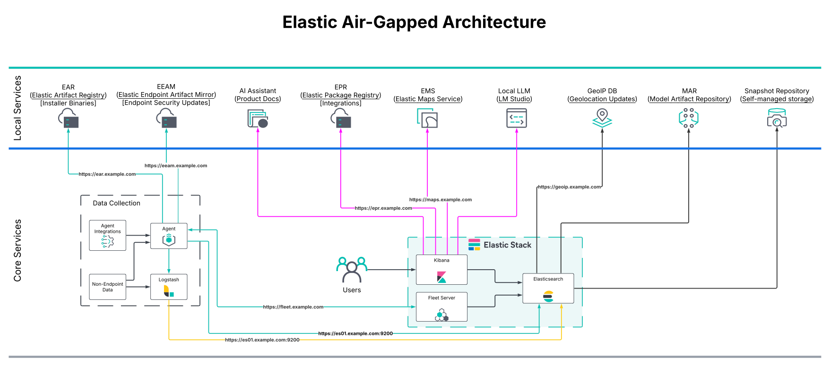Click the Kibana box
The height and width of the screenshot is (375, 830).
[x=441, y=270]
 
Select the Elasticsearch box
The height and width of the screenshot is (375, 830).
[x=548, y=288]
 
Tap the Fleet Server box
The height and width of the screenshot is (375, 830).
[x=441, y=307]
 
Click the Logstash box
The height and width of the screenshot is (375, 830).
[x=169, y=287]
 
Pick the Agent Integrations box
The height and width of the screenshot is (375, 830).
[x=108, y=235]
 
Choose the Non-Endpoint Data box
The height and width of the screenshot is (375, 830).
[x=108, y=287]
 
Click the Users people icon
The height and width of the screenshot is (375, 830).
[x=352, y=270]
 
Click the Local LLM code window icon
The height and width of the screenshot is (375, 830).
[x=516, y=118]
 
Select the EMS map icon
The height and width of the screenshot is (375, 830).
[x=427, y=118]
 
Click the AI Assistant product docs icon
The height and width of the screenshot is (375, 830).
[x=258, y=119]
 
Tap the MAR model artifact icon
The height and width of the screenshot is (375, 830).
[x=689, y=118]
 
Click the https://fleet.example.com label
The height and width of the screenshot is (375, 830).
[x=293, y=307]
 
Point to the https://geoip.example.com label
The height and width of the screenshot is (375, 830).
[x=569, y=187]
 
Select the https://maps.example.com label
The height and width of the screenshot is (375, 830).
[x=440, y=200]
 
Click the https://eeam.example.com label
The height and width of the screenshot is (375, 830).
[x=176, y=166]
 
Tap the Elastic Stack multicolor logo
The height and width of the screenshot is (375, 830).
[x=474, y=245]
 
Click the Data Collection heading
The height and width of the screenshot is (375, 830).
[x=116, y=203]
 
